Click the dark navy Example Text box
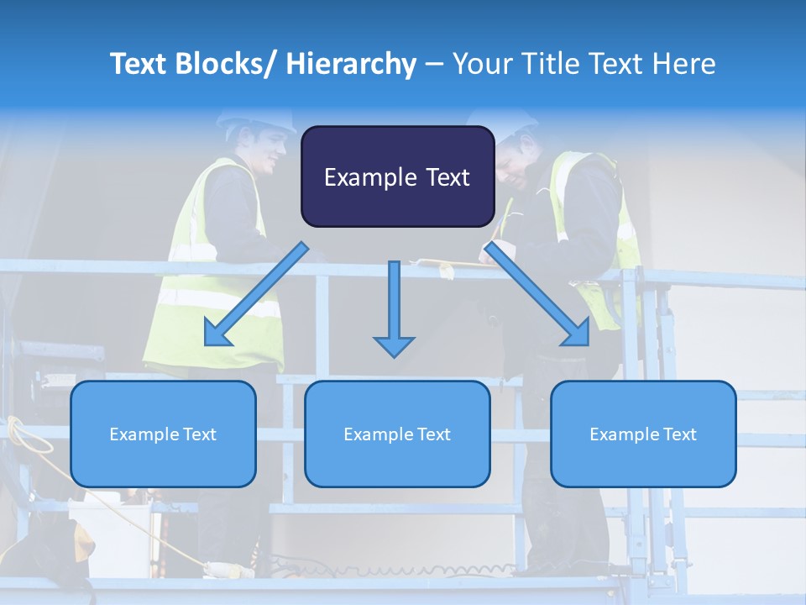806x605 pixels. [397, 176]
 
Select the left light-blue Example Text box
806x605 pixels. [163, 434]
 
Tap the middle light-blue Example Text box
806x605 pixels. [397, 434]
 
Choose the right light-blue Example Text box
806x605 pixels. [643, 434]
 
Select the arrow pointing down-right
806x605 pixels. [538, 294]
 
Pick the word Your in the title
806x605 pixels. [482, 64]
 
